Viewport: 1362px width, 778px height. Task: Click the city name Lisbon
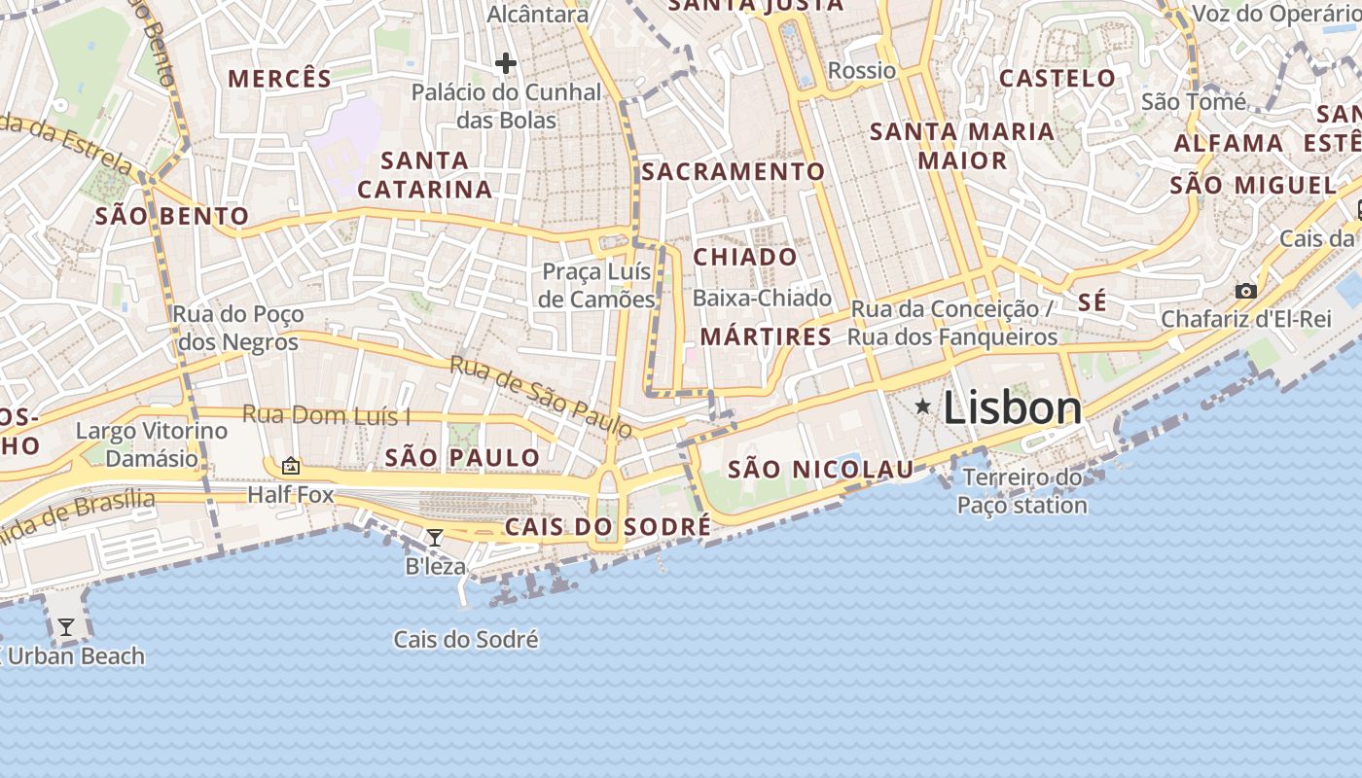[x=1012, y=408]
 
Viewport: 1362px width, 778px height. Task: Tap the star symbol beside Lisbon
[x=922, y=406]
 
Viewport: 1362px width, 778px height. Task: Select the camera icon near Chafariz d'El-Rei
[x=1245, y=291]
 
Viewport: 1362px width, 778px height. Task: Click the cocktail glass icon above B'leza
[x=435, y=538]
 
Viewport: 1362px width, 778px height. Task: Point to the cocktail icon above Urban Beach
[x=65, y=627]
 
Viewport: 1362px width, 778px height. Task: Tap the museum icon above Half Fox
[x=290, y=467]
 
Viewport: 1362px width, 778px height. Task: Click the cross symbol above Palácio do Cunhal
[x=505, y=64]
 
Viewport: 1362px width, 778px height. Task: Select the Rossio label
[x=861, y=70]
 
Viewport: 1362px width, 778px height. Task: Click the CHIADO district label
[x=745, y=257]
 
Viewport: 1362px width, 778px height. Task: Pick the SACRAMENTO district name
[x=733, y=172]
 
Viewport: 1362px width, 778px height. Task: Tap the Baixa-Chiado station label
[x=762, y=298]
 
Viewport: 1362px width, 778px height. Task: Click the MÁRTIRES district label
[x=766, y=337]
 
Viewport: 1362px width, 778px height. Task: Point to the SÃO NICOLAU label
[x=821, y=470]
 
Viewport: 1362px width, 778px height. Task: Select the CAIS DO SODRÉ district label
[x=607, y=527]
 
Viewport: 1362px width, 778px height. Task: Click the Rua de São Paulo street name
[x=541, y=395]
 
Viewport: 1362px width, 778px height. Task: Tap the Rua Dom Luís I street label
[x=326, y=415]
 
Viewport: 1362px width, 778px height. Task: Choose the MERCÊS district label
[x=279, y=78]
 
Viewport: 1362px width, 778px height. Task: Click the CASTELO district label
[x=1057, y=78]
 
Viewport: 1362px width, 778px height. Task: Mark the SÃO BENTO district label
[x=172, y=216]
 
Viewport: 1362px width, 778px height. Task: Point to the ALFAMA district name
[x=1229, y=143]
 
